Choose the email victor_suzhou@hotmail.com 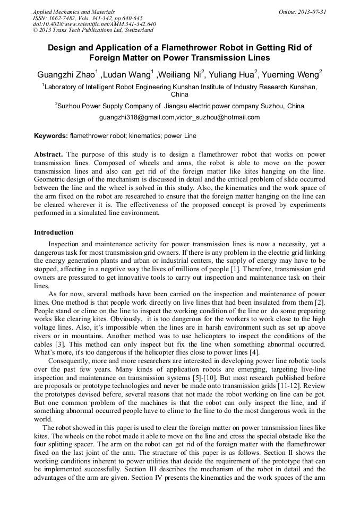[218, 117]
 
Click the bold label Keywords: [50, 136]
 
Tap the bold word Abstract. [48, 154]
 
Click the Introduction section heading [54, 232]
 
